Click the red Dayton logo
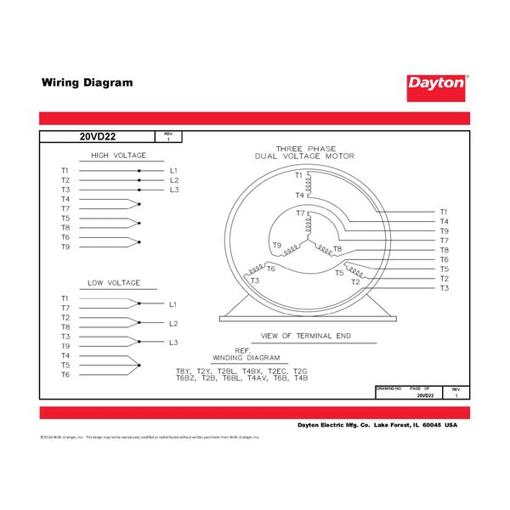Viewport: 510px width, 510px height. (437, 83)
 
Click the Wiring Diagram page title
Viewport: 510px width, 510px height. (88, 83)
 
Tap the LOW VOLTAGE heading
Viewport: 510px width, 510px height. (114, 283)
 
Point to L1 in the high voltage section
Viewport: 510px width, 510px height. (174, 171)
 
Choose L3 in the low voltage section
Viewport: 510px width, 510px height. (173, 343)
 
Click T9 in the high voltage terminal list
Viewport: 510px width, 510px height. (65, 246)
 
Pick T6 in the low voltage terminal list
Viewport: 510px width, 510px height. (65, 374)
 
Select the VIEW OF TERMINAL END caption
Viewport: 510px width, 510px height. (306, 337)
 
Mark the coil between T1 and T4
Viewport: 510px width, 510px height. (310, 184)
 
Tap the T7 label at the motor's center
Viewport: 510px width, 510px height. (300, 214)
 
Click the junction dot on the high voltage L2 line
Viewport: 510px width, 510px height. (139, 180)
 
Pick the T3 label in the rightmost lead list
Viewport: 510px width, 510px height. (444, 289)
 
